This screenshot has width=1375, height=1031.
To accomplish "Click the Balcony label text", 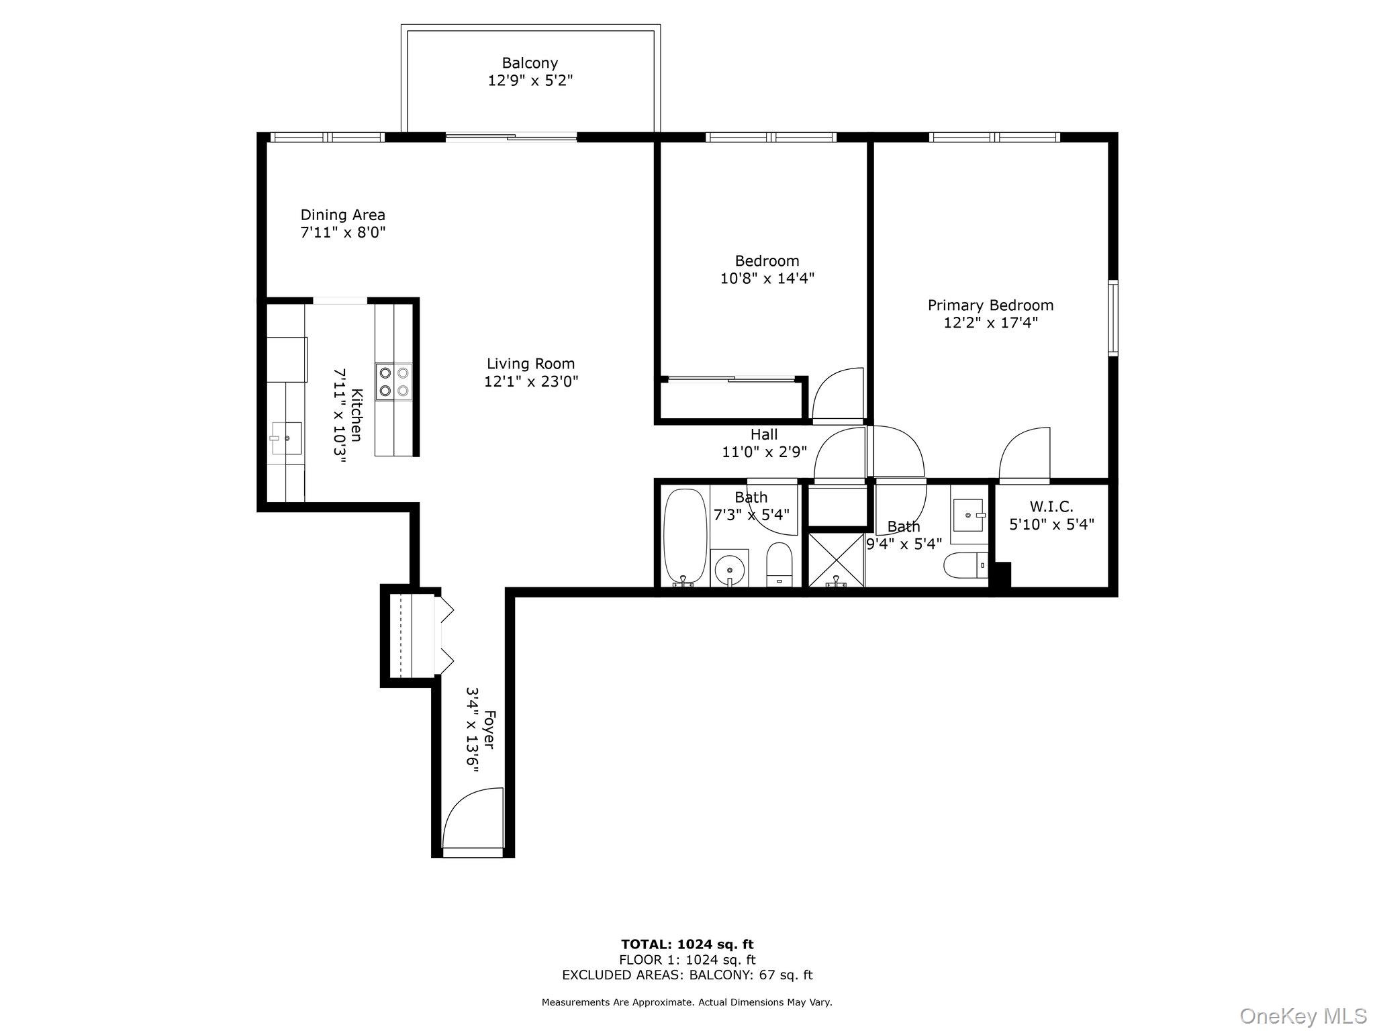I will [x=530, y=63].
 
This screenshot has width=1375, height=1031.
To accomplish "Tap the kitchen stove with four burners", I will [x=394, y=382].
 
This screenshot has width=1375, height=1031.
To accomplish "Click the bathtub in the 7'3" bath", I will [x=685, y=538].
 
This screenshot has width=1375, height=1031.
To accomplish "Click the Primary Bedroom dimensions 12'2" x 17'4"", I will [x=990, y=323].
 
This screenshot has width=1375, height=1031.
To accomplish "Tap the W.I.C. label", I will [x=1051, y=507].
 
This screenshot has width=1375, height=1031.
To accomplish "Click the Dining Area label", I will [x=342, y=215].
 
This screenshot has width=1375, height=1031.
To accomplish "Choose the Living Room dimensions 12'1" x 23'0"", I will [x=531, y=381].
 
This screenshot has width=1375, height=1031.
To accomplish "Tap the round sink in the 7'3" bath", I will [x=729, y=569].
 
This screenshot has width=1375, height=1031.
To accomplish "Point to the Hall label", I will [x=764, y=434].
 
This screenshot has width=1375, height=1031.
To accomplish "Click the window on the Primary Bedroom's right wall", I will [x=1112, y=317].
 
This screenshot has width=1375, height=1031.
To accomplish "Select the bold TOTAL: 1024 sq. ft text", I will [x=687, y=944].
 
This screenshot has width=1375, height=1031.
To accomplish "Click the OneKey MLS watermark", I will [x=1302, y=1015].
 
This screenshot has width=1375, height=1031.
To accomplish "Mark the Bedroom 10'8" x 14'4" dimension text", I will [x=767, y=278].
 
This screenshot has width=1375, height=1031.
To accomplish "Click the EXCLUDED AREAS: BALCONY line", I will [x=687, y=975].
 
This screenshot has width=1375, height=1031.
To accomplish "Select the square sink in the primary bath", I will [x=968, y=515].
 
